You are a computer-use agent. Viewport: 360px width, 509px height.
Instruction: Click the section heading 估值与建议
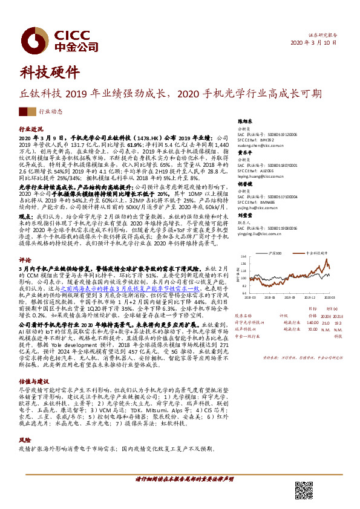coord(34,382)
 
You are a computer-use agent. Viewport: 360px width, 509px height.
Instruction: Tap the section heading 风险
coord(25,441)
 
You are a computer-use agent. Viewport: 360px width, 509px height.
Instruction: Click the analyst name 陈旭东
coord(246,122)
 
